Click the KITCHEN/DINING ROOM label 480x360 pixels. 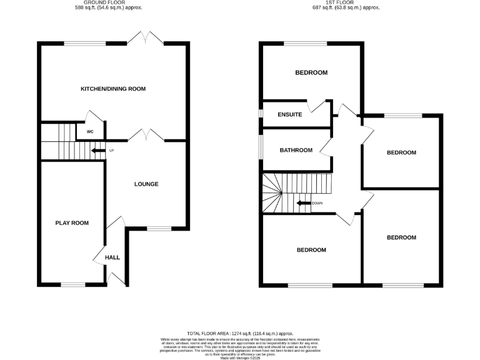(x=113, y=89)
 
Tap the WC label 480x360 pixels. (x=90, y=132)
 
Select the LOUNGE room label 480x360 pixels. (x=147, y=184)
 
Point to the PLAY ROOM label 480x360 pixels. (x=72, y=223)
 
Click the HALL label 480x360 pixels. (x=112, y=257)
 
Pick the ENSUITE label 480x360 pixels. (x=291, y=114)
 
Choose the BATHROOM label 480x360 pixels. (x=296, y=150)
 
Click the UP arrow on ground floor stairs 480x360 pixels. (x=98, y=151)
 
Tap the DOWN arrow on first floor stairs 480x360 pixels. (x=304, y=203)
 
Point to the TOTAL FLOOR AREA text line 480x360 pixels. (x=240, y=334)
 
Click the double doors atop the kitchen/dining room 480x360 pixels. (x=147, y=37)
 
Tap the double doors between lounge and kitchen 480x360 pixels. (x=147, y=134)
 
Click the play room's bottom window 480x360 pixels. (x=73, y=284)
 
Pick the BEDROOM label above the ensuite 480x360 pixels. (x=311, y=73)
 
